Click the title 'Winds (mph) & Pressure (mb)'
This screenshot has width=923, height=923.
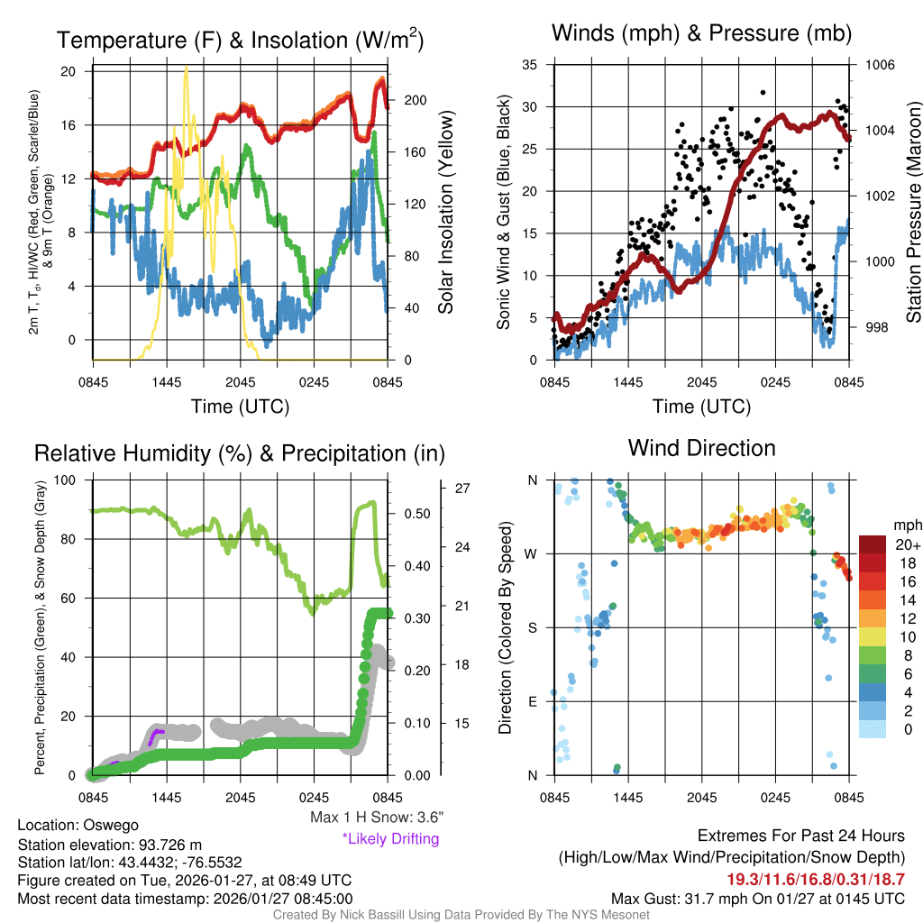click(x=701, y=33)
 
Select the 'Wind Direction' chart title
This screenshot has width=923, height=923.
click(x=701, y=448)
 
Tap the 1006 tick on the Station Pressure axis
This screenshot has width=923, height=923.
click(x=879, y=65)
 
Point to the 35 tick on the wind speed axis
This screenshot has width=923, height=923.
click(x=530, y=65)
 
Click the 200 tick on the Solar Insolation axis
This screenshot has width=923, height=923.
click(x=407, y=100)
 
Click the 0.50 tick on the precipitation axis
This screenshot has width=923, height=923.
click(x=416, y=514)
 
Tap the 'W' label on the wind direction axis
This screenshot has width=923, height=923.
click(x=532, y=553)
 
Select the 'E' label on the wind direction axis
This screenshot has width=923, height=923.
click(x=533, y=701)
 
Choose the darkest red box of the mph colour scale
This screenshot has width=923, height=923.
click(x=873, y=544)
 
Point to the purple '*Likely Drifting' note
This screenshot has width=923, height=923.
click(x=390, y=838)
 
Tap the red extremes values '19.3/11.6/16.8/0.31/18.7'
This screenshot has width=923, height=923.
click(x=816, y=879)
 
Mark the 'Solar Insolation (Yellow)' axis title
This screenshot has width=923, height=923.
click(x=445, y=213)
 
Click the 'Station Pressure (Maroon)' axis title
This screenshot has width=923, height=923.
click(x=913, y=213)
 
